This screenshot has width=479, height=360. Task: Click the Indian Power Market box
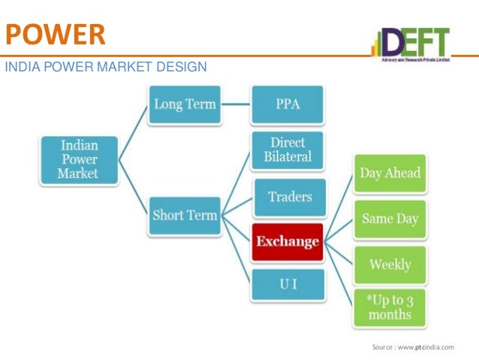click(x=79, y=159)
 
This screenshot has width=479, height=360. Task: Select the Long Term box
click(x=185, y=104)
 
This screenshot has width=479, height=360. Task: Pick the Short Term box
click(x=185, y=215)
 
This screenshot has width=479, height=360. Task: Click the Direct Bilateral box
click(x=288, y=150)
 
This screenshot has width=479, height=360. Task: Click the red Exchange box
click(x=288, y=242)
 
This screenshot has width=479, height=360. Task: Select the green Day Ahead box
click(x=390, y=173)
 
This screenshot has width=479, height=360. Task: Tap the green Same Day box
click(x=390, y=219)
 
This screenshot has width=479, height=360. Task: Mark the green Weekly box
click(x=390, y=265)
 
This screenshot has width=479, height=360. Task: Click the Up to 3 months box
click(x=390, y=307)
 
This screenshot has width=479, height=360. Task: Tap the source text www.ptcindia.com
click(x=413, y=346)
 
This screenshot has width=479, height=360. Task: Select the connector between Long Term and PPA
click(x=236, y=104)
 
